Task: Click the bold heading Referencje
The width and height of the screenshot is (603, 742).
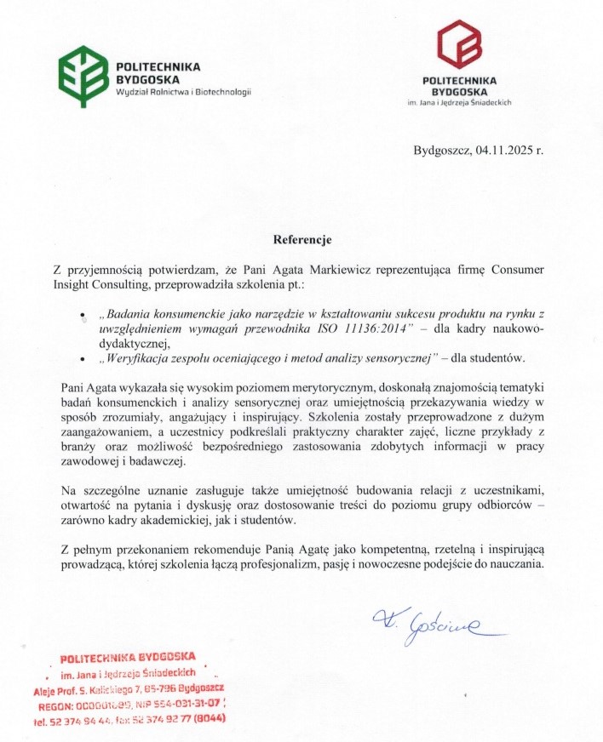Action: coord(301,240)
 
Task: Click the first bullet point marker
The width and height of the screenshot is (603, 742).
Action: coord(83,316)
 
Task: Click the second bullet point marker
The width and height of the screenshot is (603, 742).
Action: coord(83,359)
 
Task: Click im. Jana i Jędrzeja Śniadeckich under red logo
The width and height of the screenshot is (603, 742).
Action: coord(459,102)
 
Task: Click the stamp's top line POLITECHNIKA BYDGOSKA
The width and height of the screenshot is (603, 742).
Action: coord(129,656)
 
